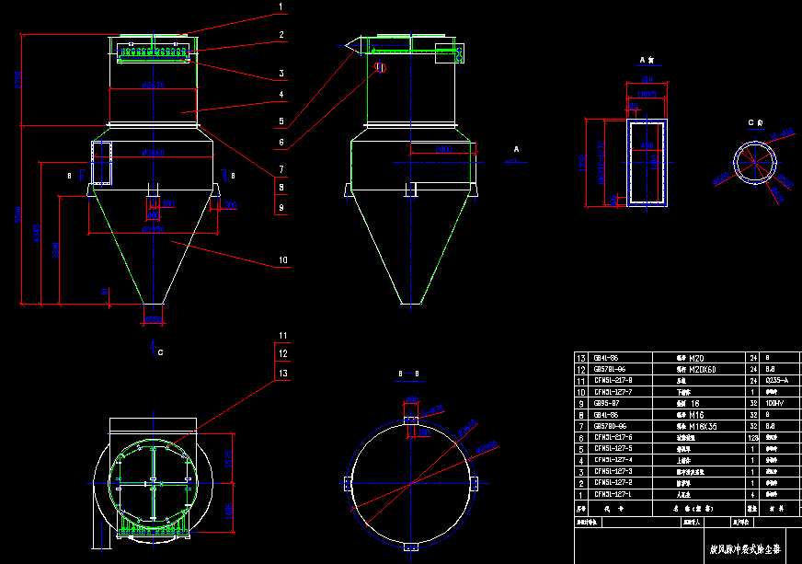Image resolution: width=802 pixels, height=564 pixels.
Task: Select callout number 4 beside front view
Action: click(x=282, y=94)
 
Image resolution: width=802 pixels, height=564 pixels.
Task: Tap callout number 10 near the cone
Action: click(x=283, y=260)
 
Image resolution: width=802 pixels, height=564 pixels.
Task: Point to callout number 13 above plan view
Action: click(x=283, y=373)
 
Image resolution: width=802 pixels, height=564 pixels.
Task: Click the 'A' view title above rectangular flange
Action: click(x=646, y=60)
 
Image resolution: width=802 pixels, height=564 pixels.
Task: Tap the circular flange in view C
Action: click(x=754, y=166)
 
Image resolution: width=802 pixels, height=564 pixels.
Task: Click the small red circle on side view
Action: click(x=380, y=66)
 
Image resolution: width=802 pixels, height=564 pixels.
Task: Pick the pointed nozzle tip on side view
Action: click(x=348, y=45)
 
